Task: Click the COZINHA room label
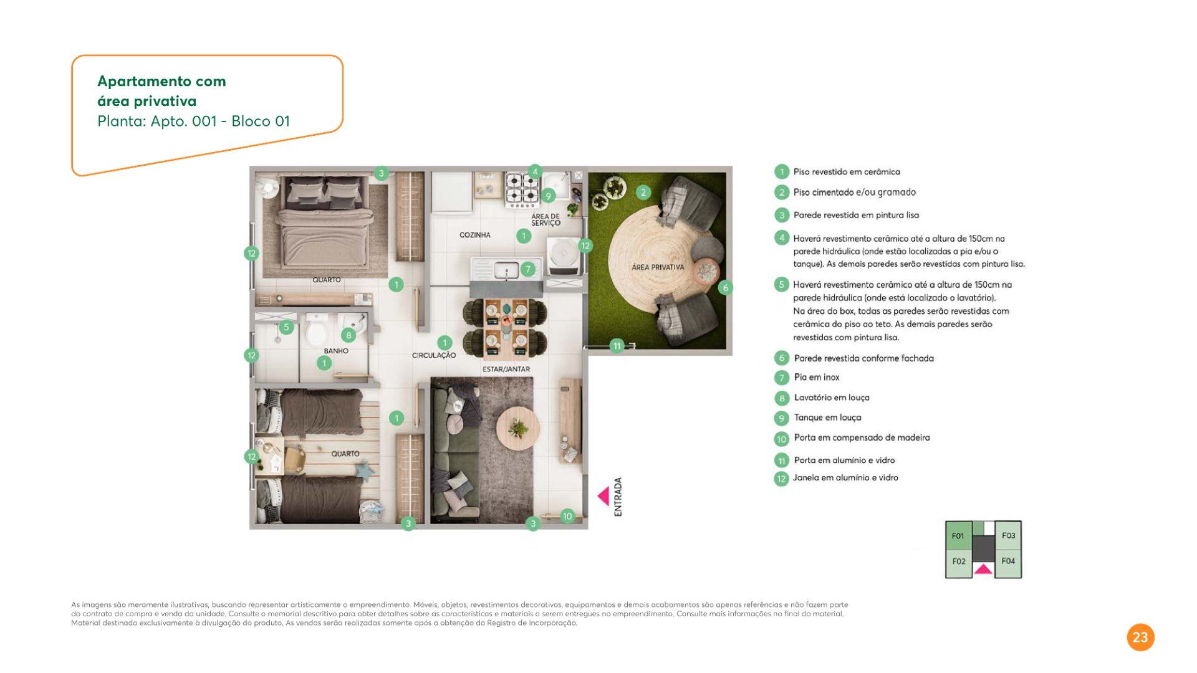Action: click(x=474, y=235)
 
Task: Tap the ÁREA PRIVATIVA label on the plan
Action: click(x=658, y=267)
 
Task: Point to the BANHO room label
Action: click(x=336, y=351)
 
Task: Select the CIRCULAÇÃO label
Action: click(x=434, y=355)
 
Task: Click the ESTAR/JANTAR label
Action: click(x=506, y=369)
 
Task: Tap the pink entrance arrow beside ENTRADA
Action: click(x=603, y=496)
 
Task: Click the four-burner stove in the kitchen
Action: click(x=522, y=189)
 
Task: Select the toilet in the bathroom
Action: click(x=317, y=330)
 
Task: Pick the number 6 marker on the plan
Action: click(x=725, y=287)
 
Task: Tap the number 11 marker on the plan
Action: click(x=617, y=346)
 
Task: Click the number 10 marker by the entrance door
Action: click(x=567, y=516)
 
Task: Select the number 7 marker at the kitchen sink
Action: click(x=528, y=269)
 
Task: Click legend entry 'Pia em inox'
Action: click(x=816, y=377)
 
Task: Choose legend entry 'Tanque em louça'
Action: click(x=827, y=418)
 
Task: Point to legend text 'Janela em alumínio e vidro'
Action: click(x=845, y=477)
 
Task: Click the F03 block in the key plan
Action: click(x=1008, y=535)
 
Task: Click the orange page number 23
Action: click(x=1140, y=637)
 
